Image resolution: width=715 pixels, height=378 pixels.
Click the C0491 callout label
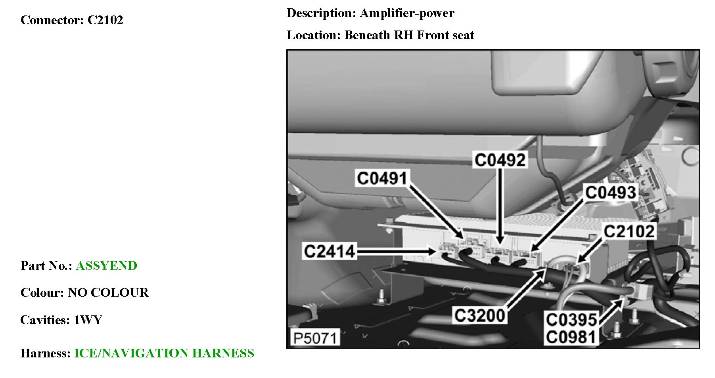(x=382, y=178)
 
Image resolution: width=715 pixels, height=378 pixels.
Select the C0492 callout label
(x=500, y=160)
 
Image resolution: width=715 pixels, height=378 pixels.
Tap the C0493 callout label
(x=610, y=193)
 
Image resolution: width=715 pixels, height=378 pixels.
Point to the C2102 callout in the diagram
(x=629, y=231)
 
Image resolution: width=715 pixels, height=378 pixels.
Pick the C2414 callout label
(x=329, y=251)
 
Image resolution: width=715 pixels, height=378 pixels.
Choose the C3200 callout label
(x=480, y=316)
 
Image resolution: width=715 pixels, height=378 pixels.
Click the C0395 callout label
(x=571, y=319)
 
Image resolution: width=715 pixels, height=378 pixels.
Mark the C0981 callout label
(x=571, y=337)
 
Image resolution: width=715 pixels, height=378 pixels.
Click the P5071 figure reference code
(x=315, y=338)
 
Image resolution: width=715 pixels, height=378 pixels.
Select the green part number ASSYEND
(x=106, y=266)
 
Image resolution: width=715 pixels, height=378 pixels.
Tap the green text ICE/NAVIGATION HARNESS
(x=164, y=353)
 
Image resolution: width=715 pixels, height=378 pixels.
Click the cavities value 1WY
(x=88, y=320)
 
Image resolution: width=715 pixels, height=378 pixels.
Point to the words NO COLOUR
(x=108, y=293)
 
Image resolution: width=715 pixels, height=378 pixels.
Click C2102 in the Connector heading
(x=105, y=20)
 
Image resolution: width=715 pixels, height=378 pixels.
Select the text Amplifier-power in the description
(x=407, y=13)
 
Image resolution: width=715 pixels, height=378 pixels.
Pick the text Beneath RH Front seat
(x=409, y=35)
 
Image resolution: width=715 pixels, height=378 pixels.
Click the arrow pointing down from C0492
(x=500, y=206)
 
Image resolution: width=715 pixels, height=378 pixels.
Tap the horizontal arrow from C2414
(x=397, y=251)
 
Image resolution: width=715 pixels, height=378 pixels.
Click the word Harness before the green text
(x=45, y=353)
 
